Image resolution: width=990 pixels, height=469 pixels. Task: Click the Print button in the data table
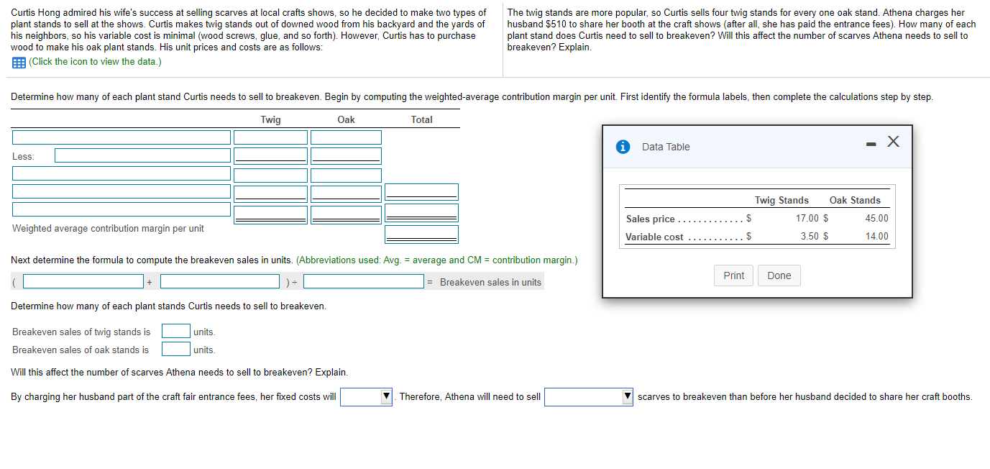coord(733,276)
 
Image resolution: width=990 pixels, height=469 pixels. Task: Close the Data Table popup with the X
coord(893,142)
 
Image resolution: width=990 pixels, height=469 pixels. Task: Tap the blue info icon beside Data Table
coord(623,147)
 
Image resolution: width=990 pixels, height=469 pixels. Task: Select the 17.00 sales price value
coord(807,218)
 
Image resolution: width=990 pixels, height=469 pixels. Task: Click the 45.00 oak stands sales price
coord(876,218)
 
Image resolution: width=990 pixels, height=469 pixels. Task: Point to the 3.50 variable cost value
coord(810,236)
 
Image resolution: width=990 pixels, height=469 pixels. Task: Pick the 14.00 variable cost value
coord(876,236)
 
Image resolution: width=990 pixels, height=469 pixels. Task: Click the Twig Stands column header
coord(782,200)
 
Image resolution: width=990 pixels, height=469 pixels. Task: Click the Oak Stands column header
coord(855,200)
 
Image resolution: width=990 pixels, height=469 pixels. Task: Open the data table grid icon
coord(19,63)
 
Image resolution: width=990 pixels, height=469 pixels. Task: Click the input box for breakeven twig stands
coord(175,331)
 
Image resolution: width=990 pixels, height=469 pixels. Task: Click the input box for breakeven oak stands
coord(175,349)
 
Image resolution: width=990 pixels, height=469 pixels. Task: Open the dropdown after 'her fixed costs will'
coord(366,397)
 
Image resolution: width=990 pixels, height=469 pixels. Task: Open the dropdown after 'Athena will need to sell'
coord(588,397)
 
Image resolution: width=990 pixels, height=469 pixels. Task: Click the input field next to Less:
coord(142,155)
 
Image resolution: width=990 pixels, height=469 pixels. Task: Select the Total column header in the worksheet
coord(421,119)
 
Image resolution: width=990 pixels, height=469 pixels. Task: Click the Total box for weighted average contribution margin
coord(421,234)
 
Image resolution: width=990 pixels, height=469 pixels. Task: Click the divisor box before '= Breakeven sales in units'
coord(363,281)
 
